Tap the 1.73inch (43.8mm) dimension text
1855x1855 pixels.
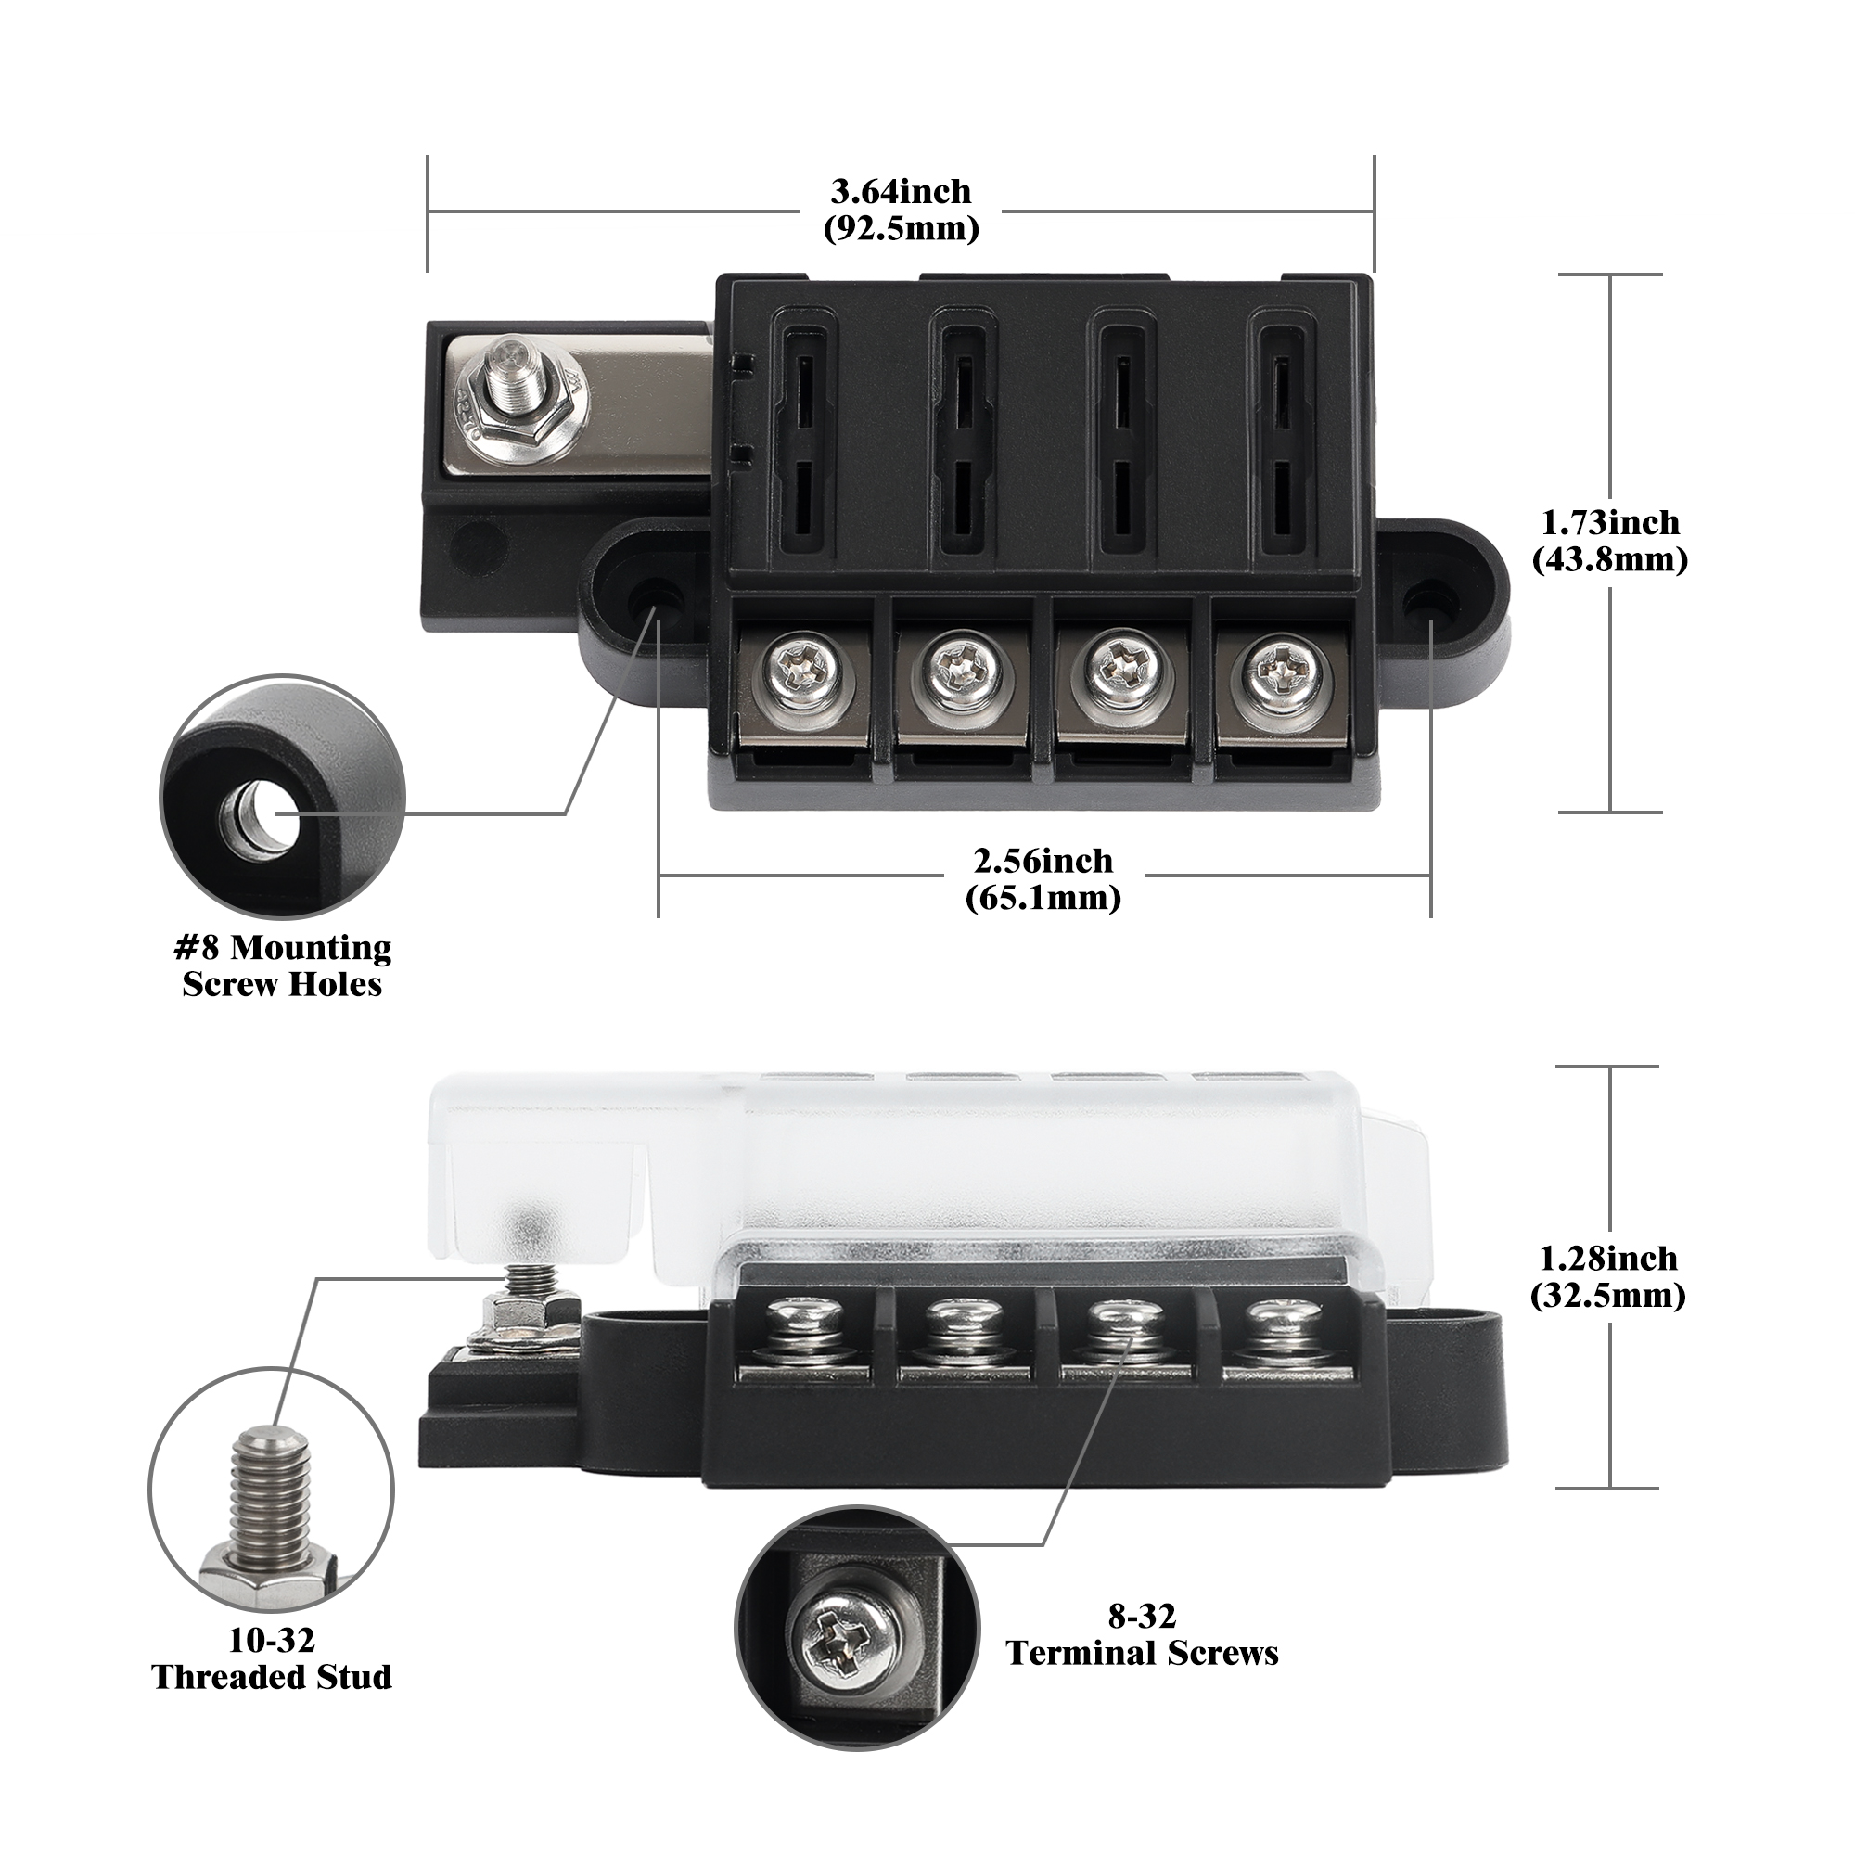click(1609, 541)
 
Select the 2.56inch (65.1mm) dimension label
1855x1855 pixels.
click(1043, 878)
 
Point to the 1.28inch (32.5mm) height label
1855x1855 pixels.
click(1607, 1276)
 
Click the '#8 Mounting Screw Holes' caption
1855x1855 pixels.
click(282, 965)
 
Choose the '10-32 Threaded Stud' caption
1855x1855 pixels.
click(272, 1658)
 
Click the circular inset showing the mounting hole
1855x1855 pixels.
click(282, 797)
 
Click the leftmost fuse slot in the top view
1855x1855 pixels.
click(804, 442)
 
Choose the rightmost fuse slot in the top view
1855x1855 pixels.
click(1280, 442)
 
